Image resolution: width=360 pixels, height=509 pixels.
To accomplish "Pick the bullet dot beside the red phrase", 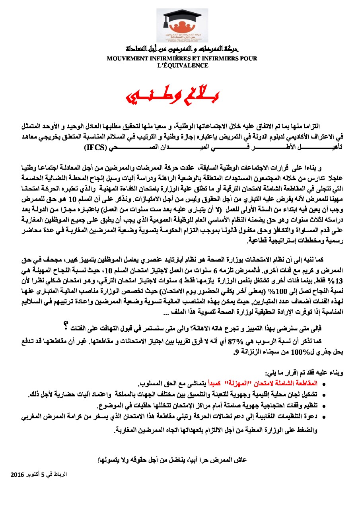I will (x=323, y=385).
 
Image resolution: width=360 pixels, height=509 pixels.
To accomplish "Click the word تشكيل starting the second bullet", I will (x=308, y=395).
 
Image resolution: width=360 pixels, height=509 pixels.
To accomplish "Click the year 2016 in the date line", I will (x=18, y=475).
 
